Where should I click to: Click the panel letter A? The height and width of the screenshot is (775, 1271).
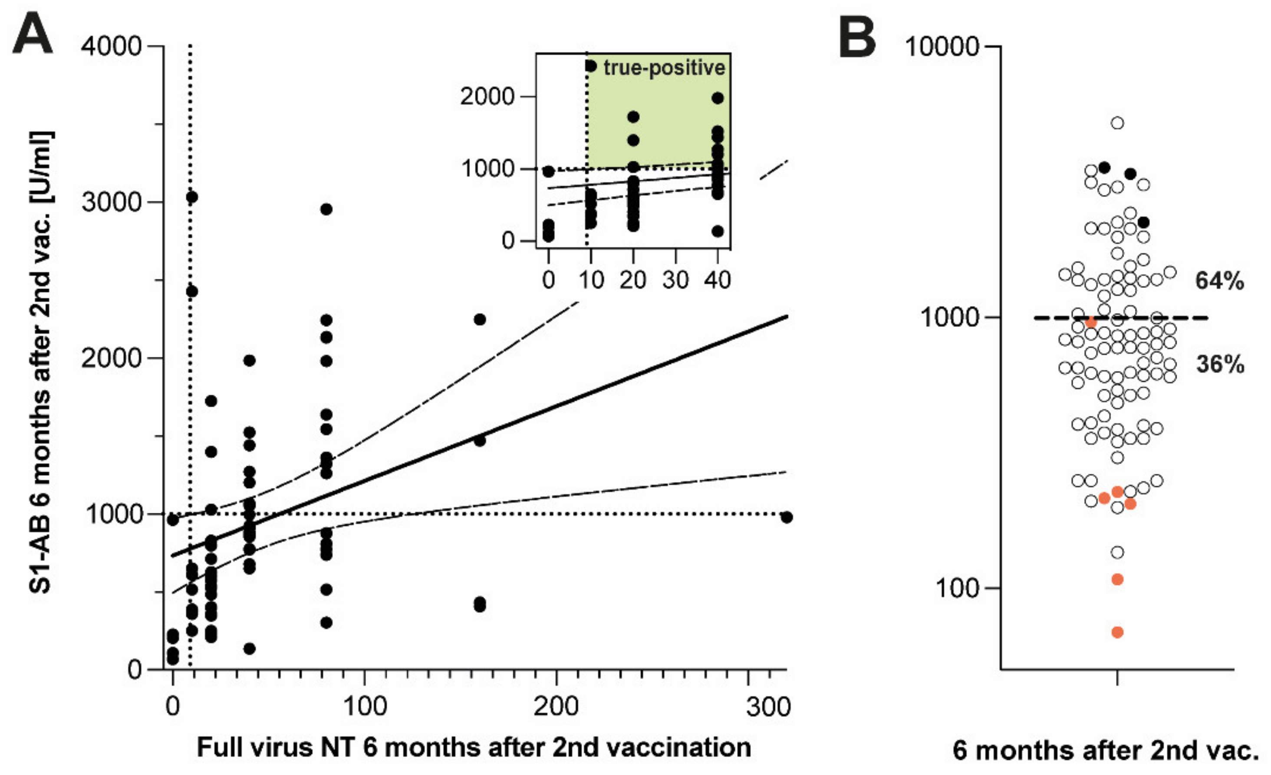(x=33, y=35)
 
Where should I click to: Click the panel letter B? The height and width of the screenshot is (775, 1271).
(x=857, y=37)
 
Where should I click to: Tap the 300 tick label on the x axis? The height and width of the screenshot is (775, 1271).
(x=767, y=706)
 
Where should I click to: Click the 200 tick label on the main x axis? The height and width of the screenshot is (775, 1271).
(x=556, y=706)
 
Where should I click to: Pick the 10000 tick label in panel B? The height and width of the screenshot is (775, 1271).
(x=942, y=47)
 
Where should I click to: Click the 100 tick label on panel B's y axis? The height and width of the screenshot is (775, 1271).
(x=956, y=588)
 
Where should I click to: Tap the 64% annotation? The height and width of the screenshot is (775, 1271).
(x=1219, y=281)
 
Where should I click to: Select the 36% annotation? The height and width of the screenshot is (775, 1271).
(x=1219, y=365)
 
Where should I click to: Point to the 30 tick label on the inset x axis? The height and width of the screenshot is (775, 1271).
(x=675, y=280)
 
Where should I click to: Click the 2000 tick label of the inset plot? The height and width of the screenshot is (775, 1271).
(x=487, y=96)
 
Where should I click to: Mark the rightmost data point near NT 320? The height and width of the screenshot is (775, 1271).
(x=786, y=517)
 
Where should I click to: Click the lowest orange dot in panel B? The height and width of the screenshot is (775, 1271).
(x=1117, y=632)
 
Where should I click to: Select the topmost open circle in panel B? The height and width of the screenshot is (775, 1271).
(x=1117, y=123)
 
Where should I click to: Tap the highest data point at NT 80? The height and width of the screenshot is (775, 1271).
(x=326, y=209)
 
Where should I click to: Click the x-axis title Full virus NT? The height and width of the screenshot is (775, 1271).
(x=474, y=748)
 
